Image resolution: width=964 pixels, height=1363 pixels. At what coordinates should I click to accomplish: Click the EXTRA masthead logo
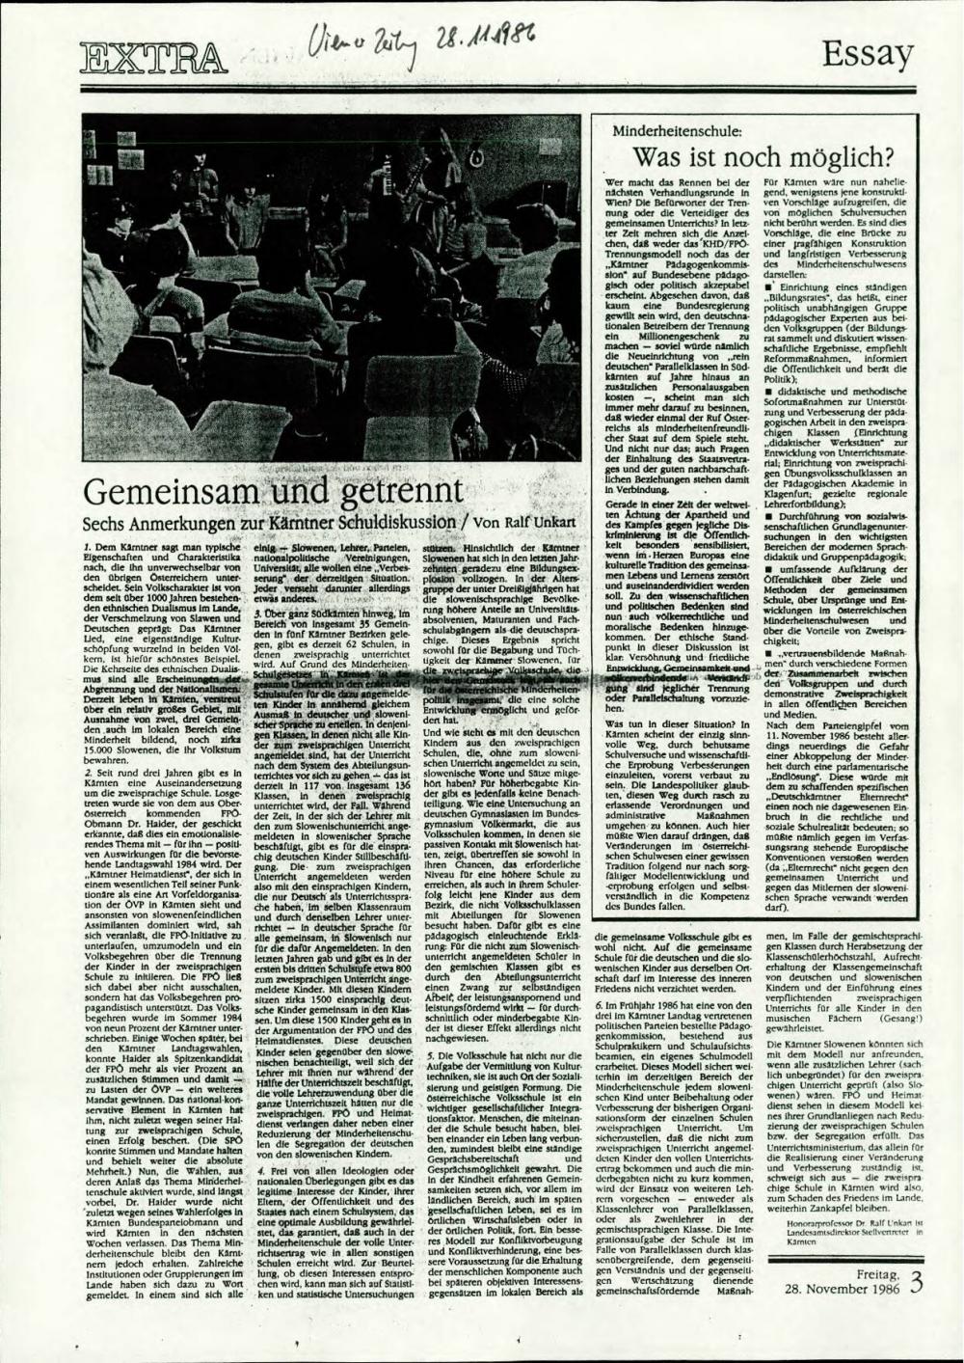point(153,59)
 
